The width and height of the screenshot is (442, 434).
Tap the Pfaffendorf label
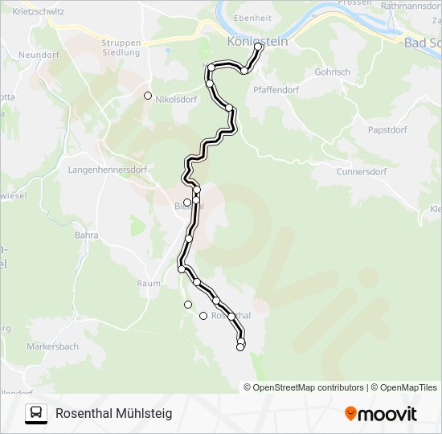[x=276, y=90]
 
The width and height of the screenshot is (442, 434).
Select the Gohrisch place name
[x=332, y=72]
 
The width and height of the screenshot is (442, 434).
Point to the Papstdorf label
[x=387, y=129]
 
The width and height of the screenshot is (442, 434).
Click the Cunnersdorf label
[x=361, y=172]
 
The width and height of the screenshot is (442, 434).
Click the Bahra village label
[x=86, y=235]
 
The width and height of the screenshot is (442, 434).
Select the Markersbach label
[x=52, y=346]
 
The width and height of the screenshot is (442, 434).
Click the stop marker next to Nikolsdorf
[x=148, y=96]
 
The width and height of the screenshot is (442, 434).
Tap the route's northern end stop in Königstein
[x=259, y=47]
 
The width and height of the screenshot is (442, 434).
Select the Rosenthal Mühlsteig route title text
[x=113, y=413]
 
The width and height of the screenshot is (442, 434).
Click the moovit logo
[x=381, y=414]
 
